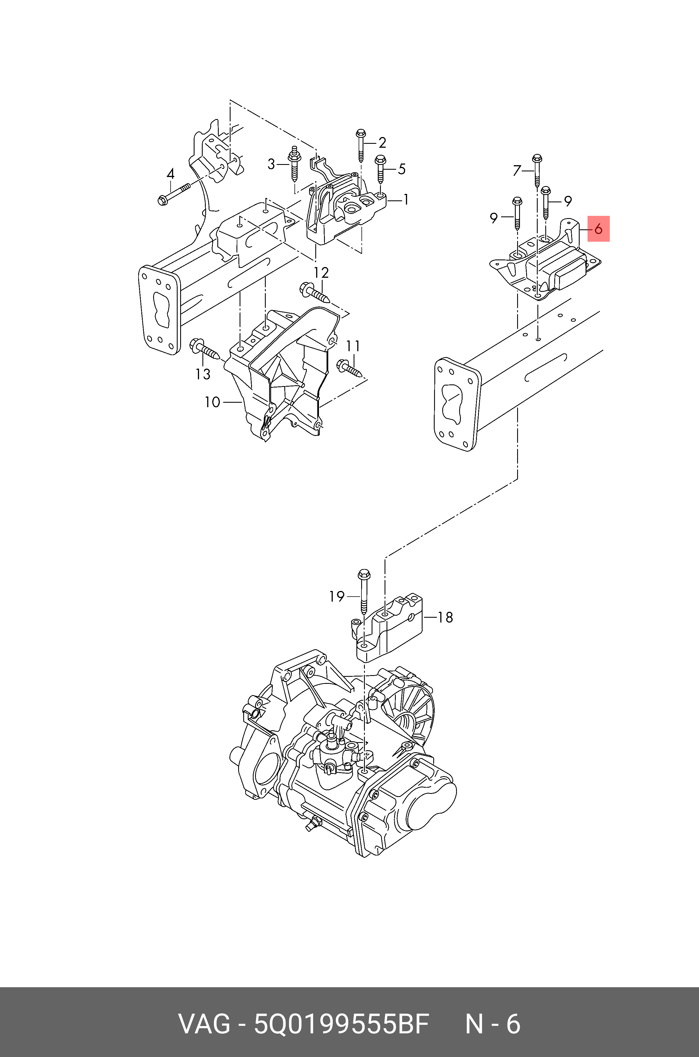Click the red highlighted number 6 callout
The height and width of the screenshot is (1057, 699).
(598, 229)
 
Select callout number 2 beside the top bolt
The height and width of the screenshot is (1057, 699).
(382, 143)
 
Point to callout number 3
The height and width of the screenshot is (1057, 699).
(271, 164)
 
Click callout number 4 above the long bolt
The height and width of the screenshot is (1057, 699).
(171, 174)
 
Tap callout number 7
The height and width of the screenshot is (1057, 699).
(517, 170)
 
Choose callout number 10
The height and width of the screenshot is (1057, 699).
(212, 402)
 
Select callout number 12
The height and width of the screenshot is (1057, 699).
(321, 272)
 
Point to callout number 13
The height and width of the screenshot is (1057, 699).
(203, 374)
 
